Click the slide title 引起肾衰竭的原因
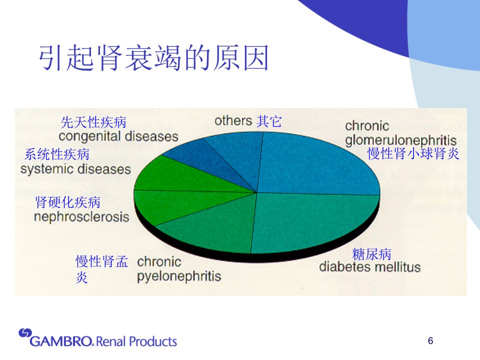[154, 57]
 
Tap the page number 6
[430, 340]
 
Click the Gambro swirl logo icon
[25, 333]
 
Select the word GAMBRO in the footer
[60, 341]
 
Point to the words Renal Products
[136, 341]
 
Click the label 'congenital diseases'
[118, 136]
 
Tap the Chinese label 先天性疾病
[93, 122]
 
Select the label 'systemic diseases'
[75, 169]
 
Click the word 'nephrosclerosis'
[81, 216]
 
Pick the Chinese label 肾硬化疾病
[68, 202]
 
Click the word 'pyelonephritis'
[179, 276]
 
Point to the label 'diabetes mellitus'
[370, 267]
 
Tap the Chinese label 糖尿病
[371, 254]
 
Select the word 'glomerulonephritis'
[400, 141]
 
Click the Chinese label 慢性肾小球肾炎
[413, 153]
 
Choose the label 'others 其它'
[248, 121]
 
